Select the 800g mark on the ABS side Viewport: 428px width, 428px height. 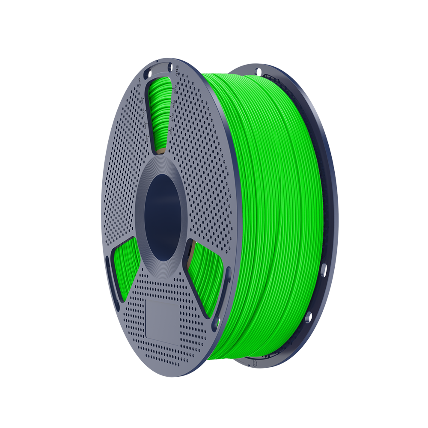click(x=175, y=90)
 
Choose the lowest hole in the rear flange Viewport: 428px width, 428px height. click(x=308, y=318)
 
